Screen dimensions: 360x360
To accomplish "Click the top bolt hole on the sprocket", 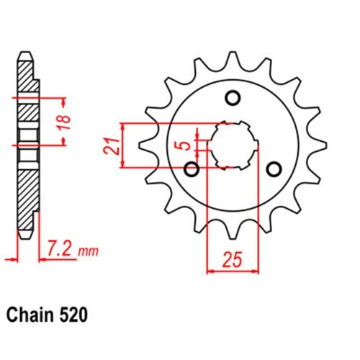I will (233, 97).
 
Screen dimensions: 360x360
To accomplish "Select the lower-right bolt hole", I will (274, 168).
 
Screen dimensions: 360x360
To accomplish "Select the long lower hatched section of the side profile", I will (24, 194).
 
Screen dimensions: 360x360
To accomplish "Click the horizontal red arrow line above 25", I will (232, 272).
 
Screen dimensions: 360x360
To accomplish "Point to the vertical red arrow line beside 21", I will (125, 145).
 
